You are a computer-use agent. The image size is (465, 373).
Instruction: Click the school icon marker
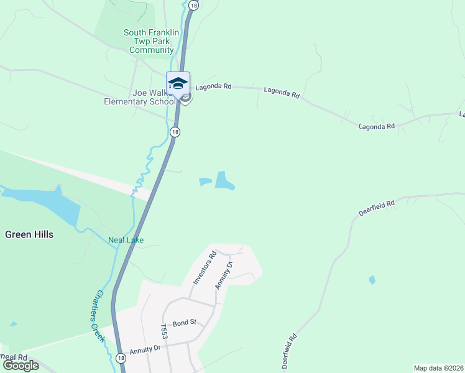(178, 83)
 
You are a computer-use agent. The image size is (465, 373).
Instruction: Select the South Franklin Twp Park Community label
(151, 41)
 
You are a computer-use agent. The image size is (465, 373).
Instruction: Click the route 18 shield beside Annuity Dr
(120, 358)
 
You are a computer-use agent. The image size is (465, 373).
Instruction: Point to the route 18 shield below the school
(175, 132)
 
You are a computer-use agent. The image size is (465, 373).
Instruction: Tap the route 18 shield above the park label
(194, 5)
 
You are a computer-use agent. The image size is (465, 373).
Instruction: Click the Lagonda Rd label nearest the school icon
(213, 88)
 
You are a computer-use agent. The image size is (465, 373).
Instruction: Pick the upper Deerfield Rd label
(377, 208)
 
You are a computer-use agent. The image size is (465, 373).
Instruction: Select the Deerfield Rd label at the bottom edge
(290, 352)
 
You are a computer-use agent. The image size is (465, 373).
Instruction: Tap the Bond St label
(184, 323)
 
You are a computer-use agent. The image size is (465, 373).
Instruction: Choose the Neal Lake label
(126, 240)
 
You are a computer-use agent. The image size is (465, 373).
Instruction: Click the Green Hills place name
(29, 234)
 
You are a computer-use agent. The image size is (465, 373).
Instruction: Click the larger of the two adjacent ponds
(224, 180)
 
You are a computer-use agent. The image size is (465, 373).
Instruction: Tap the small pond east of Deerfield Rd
(372, 280)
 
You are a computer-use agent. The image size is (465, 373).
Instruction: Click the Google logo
(21, 366)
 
